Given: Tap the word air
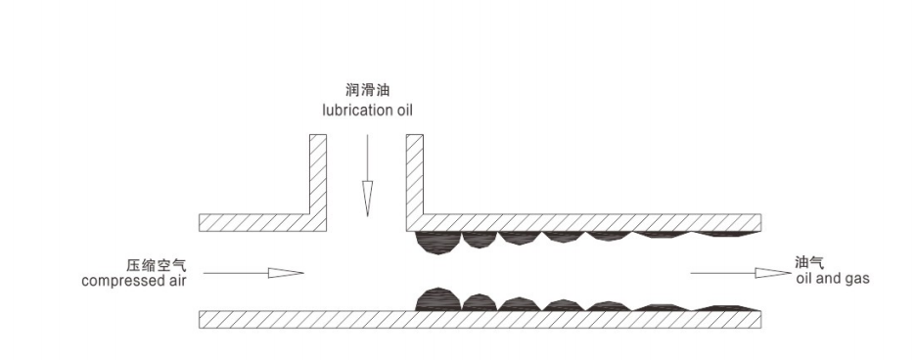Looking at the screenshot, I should [176, 280].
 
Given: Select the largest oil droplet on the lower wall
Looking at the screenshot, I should [438, 299].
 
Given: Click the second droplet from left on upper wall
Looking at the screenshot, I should [480, 239].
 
